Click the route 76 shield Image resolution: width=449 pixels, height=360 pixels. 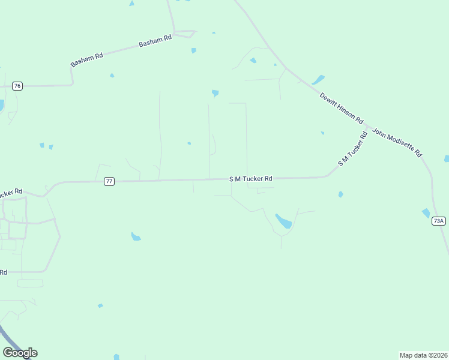pyautogui.click(x=17, y=86)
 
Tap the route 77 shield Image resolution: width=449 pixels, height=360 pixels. pyautogui.click(x=109, y=181)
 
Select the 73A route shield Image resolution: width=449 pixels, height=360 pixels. pyautogui.click(x=439, y=221)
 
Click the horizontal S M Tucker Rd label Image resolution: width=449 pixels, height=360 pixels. pyautogui.click(x=250, y=179)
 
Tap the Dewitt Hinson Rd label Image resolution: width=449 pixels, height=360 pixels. pyautogui.click(x=342, y=108)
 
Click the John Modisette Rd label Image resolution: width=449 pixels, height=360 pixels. pyautogui.click(x=397, y=142)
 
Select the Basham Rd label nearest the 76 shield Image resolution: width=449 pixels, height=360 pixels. pyautogui.click(x=87, y=59)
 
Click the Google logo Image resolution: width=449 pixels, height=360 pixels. pyautogui.click(x=20, y=352)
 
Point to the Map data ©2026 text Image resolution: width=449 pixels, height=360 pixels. pyautogui.click(x=424, y=355)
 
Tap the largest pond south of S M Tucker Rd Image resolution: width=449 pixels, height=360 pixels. pyautogui.click(x=283, y=221)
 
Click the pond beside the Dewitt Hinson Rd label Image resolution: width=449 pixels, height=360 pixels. pyautogui.click(x=318, y=80)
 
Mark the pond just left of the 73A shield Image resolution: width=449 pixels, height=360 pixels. pyautogui.click(x=426, y=213)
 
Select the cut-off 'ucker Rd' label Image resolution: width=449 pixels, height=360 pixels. pyautogui.click(x=11, y=193)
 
